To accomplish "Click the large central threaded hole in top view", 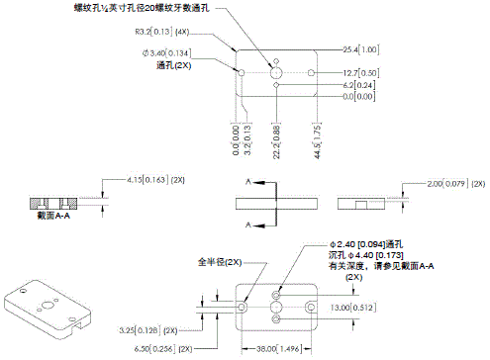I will coord(276,72).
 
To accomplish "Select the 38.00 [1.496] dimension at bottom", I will coord(280,349).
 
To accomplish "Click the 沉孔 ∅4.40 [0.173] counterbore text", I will coord(364,256).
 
